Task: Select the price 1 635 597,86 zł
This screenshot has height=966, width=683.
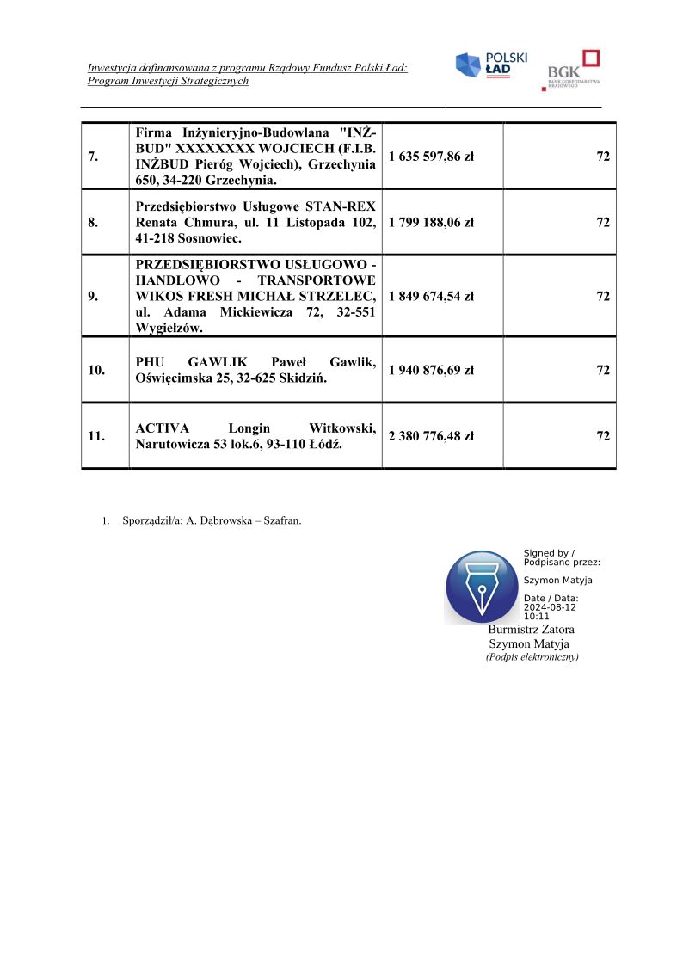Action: coord(431,157)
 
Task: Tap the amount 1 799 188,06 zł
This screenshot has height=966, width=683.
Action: coord(431,222)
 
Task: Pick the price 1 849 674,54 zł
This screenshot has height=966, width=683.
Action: coord(431,296)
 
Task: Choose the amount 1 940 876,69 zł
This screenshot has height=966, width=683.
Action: coord(431,370)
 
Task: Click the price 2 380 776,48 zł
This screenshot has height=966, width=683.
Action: coord(431,436)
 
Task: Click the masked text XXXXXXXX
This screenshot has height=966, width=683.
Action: coord(212,148)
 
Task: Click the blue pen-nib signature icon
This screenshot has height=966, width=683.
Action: coord(482,588)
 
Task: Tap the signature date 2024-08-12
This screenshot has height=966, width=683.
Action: coord(550,607)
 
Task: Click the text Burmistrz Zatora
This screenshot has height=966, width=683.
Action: coord(531,630)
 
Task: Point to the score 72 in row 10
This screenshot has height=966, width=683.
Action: coord(603,370)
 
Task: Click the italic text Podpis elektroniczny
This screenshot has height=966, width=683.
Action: coord(532,656)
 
